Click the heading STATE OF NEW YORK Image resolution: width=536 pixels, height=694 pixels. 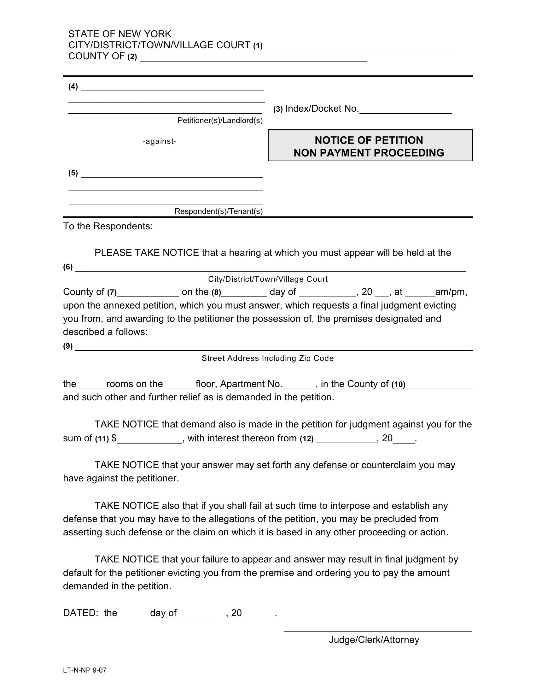(x=119, y=34)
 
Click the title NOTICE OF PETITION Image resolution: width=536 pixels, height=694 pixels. (x=368, y=140)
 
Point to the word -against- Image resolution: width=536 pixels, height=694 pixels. (x=160, y=141)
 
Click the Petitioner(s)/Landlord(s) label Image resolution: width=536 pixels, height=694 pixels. (x=220, y=121)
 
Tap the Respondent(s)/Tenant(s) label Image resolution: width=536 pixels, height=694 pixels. (x=218, y=211)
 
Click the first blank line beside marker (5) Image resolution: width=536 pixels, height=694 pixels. (x=172, y=174)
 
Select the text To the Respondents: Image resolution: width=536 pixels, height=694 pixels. (x=108, y=226)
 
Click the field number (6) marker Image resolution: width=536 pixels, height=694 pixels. (x=68, y=267)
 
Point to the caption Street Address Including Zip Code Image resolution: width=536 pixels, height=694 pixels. (x=267, y=358)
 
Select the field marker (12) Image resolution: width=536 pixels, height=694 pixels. (x=306, y=439)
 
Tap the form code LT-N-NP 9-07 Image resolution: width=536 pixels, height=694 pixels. (x=84, y=670)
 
